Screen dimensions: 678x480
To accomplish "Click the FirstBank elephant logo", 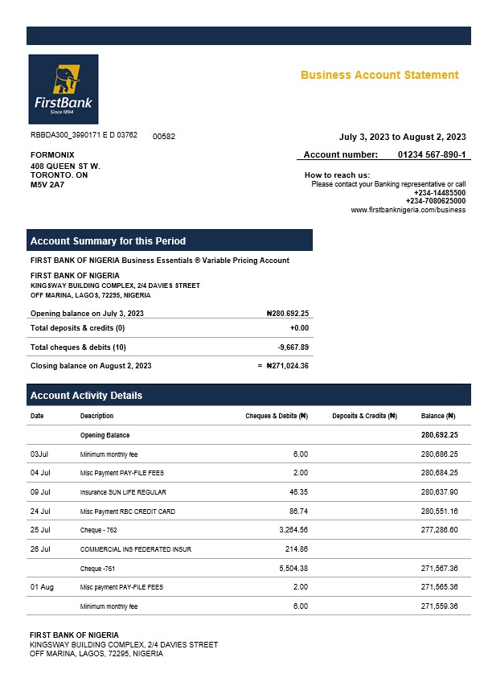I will [x=63, y=88].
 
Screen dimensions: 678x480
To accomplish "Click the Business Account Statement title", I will [x=379, y=75].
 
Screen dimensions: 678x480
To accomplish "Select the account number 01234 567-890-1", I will [x=431, y=154].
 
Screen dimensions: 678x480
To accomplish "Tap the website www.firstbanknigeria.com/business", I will [x=408, y=210].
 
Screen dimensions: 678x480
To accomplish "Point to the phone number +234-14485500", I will [x=439, y=193].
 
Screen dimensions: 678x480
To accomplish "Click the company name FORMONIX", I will [x=52, y=154].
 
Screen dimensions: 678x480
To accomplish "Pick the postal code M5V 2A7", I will [x=47, y=185].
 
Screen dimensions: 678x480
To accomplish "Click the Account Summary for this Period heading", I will [x=108, y=241].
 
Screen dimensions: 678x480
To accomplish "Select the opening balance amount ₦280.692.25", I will [x=287, y=314].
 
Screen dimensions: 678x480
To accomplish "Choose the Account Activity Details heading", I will [x=86, y=396].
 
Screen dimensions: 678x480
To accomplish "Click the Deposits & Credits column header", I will [x=364, y=416].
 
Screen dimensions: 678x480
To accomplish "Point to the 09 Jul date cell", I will [x=40, y=492].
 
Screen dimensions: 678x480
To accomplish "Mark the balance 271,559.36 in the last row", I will [x=438, y=606].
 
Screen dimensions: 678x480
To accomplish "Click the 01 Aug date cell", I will [x=42, y=588].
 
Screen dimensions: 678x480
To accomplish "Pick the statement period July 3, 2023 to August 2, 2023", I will [x=403, y=137].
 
